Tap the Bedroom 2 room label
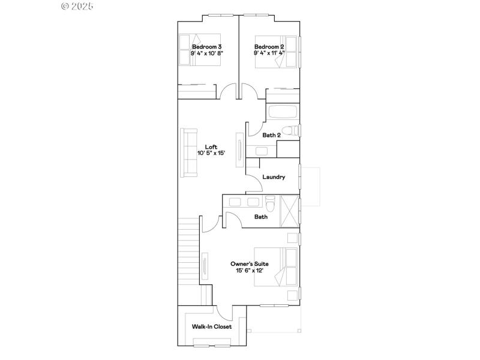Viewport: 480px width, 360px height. (269, 46)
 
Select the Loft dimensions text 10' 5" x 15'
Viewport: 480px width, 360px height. (211, 153)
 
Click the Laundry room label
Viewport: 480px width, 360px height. (273, 178)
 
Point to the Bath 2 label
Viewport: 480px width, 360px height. (271, 136)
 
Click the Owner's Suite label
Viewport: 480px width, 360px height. (250, 264)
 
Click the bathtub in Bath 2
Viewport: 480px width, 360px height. (282, 112)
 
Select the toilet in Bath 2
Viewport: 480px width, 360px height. (290, 130)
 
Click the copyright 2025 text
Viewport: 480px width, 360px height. (78, 6)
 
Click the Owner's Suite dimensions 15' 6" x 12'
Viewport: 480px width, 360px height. (250, 271)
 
